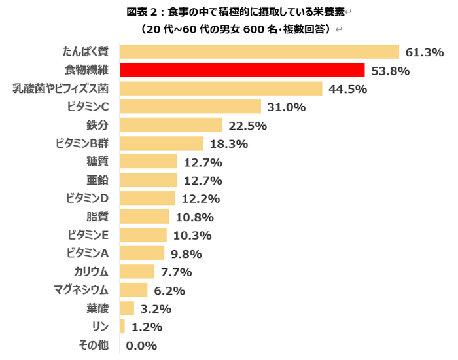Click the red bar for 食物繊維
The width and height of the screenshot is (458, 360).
click(x=242, y=70)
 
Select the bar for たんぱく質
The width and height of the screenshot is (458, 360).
click(x=259, y=52)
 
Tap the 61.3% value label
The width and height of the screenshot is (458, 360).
click(x=424, y=52)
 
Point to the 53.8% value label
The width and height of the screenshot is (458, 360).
click(x=390, y=71)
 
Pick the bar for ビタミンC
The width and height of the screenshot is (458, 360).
click(x=190, y=107)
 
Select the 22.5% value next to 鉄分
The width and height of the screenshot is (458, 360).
click(x=247, y=126)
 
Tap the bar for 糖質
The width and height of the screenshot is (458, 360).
click(x=149, y=162)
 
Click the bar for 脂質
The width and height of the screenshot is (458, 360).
click(x=145, y=217)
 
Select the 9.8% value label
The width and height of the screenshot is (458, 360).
click(x=186, y=254)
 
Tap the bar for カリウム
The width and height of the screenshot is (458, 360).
click(x=137, y=272)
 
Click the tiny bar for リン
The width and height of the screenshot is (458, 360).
click(x=122, y=327)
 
